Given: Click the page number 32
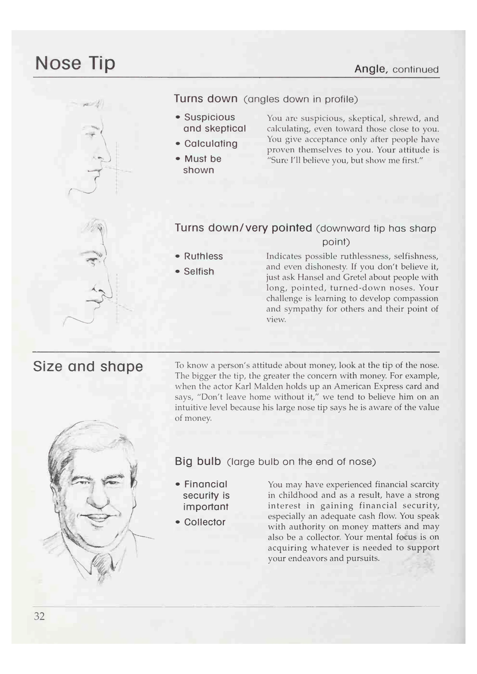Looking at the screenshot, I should coord(39,616).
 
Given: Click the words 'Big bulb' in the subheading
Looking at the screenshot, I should coord(198,461).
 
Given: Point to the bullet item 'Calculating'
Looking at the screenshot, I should coord(211,144).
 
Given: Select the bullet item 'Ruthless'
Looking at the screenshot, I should coord(203,256).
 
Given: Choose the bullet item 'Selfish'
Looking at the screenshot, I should coord(199,272).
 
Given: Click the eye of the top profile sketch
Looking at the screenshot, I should coord(92,135).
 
